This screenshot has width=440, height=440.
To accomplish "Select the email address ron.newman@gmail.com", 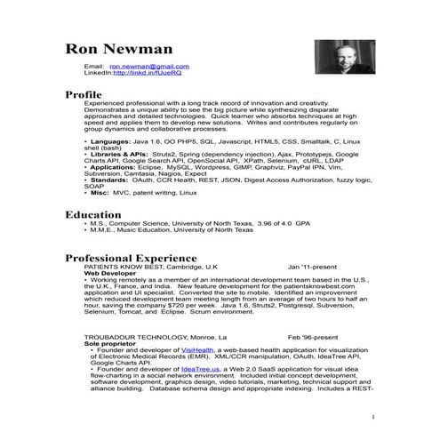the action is click(x=148, y=67).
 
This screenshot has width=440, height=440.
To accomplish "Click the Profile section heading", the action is click(x=84, y=94).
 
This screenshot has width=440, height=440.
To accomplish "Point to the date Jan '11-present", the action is click(x=313, y=266).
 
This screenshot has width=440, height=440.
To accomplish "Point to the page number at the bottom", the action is click(x=373, y=417).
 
